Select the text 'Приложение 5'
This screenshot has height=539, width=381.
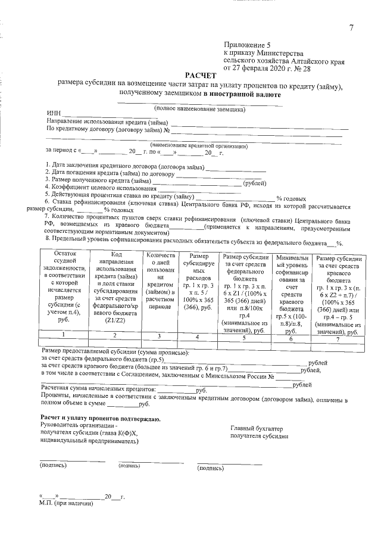(x=247, y=45)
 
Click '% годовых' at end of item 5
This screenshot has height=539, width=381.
(x=292, y=198)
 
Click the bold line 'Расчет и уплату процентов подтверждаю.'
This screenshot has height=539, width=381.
(x=99, y=419)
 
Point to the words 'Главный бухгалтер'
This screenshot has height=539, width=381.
(x=257, y=429)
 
